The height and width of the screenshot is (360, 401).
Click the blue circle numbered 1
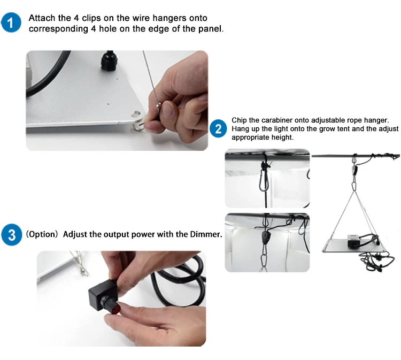[11, 22]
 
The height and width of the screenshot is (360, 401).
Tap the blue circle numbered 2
[218, 128]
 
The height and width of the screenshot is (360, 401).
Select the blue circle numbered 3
[12, 234]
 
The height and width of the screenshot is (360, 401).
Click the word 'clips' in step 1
[91, 18]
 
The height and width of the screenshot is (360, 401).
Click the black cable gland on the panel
[110, 61]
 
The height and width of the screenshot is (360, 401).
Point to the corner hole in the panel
[136, 113]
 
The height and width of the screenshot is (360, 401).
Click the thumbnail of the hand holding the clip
[117, 101]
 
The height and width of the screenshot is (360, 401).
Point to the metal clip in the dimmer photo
[80, 264]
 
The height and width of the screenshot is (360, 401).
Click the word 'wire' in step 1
[141, 18]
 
